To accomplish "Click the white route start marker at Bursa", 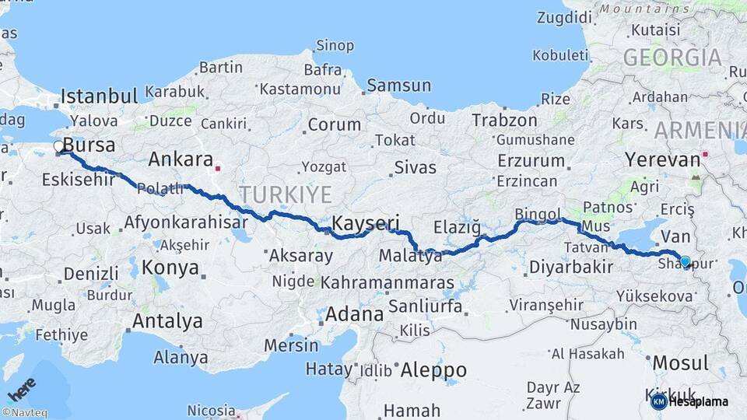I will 59,146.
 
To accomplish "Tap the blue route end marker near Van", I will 685,261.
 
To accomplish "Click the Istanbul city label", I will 99,96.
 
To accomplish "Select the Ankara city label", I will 181,159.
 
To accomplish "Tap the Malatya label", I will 410,255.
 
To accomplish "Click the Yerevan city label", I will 662,160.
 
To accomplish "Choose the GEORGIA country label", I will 672,58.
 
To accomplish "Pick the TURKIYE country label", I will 285,194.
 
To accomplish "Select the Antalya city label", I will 167,320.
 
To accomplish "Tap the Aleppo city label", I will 433,370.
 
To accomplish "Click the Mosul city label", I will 680,363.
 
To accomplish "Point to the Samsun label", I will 398,86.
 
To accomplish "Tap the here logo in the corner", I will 22,388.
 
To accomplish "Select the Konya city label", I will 170,268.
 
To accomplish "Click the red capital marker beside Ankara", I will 219,166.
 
